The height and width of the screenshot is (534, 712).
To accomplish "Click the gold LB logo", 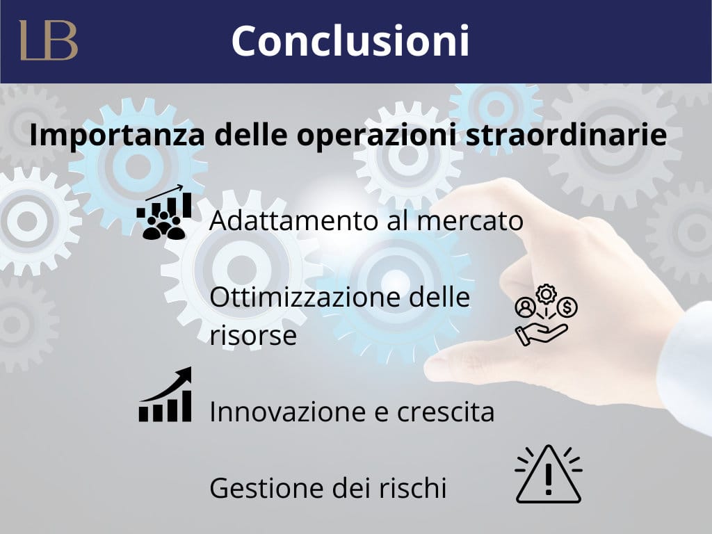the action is coord(49,40).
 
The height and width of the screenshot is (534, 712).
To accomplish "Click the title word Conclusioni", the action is coord(350,41).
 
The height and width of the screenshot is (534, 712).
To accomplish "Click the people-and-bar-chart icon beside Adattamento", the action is coord(164,212).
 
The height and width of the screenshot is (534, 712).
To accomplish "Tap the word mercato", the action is coord(470,221).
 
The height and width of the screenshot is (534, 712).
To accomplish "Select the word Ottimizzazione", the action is coord(305,297).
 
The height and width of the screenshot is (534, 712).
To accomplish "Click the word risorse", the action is coord(253,336).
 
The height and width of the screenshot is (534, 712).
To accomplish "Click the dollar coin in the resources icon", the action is coord(567,307).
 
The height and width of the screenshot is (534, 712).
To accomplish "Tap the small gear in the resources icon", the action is coord(547,294).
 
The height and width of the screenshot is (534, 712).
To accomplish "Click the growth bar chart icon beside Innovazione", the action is coord(165,394).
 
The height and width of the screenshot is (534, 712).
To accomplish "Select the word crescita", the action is coord(446,412).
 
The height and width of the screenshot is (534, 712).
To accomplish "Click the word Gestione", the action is coord(266,488).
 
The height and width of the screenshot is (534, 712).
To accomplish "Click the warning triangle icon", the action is coord(549,474).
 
